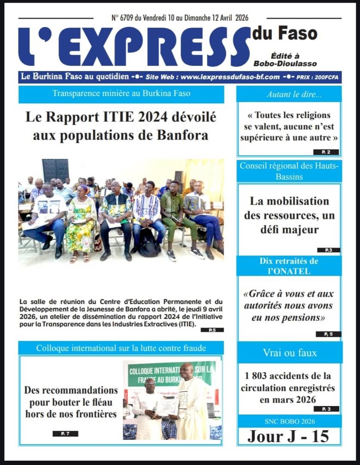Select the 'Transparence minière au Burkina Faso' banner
(121, 93)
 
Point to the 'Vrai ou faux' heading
(289, 353)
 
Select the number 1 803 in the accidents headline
(258, 377)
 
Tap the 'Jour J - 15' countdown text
(288, 436)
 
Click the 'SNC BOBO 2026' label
(289, 421)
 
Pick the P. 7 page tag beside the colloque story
(65, 434)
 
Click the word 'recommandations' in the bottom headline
(71, 391)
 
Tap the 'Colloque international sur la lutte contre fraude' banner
(121, 348)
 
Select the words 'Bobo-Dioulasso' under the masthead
(291, 63)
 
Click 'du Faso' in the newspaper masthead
(284, 34)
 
